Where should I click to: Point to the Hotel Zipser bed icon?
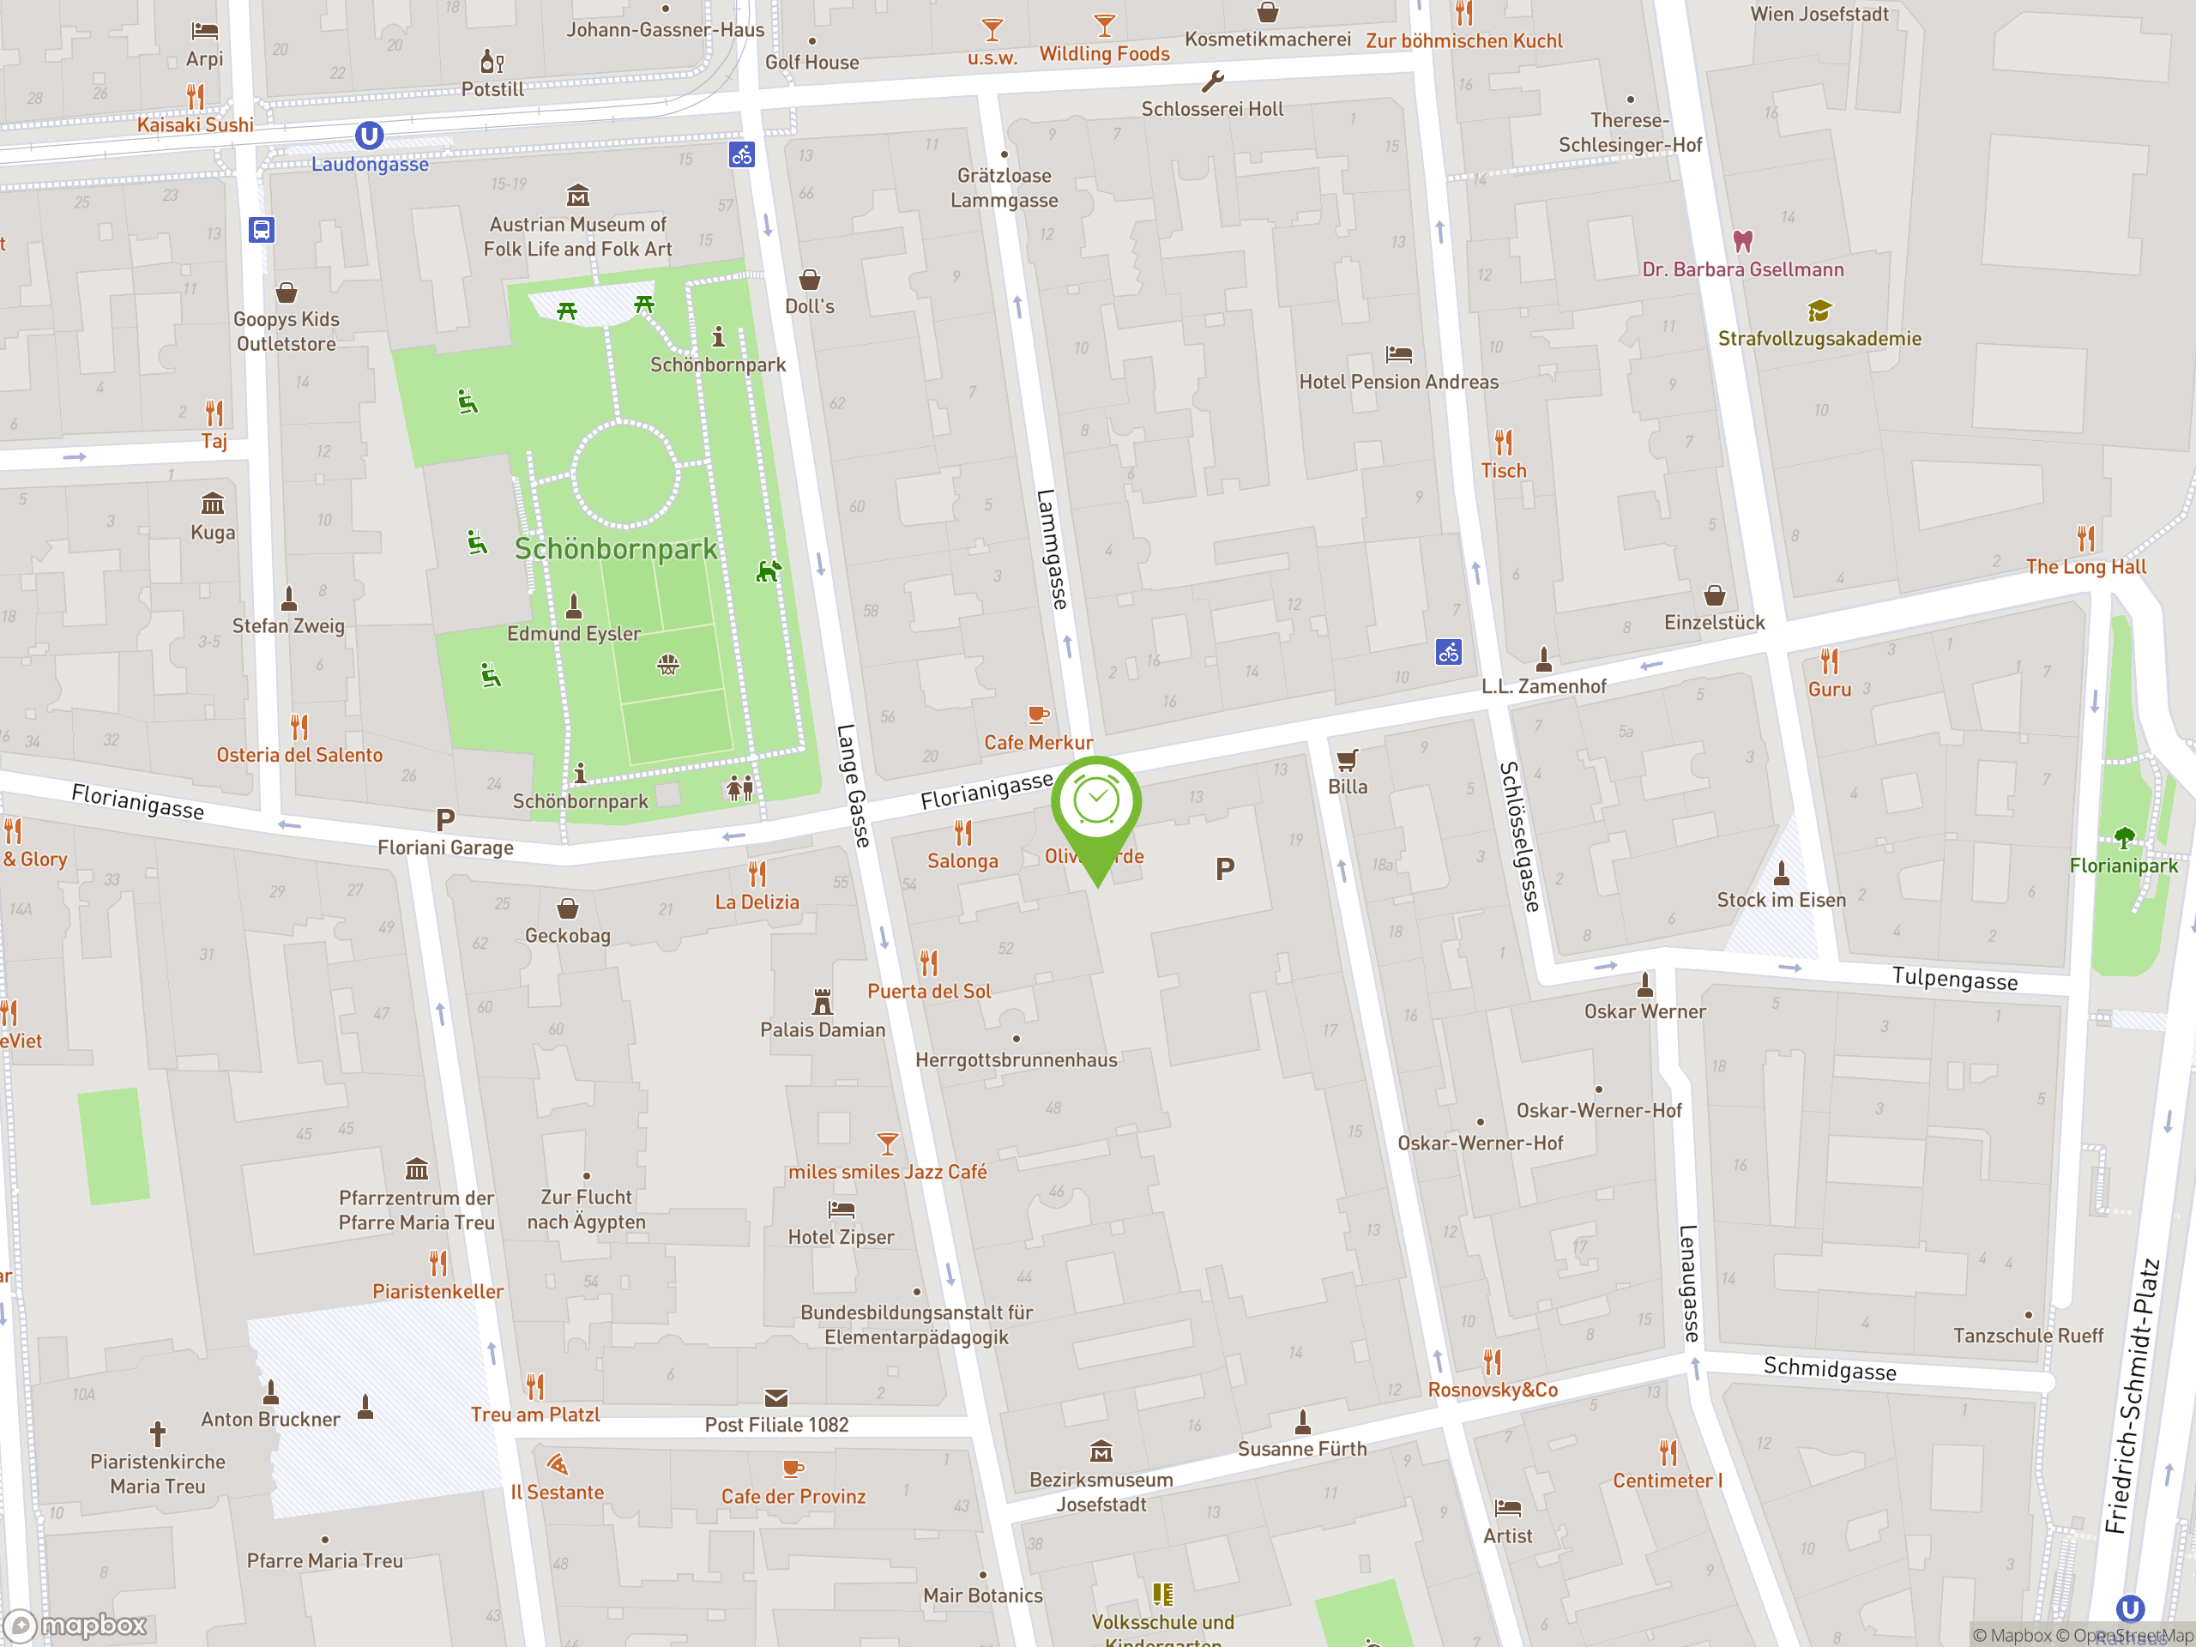click(841, 1210)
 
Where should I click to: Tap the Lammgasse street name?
click(1053, 549)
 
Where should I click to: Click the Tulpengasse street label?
click(1954, 979)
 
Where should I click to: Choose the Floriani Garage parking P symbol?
click(444, 820)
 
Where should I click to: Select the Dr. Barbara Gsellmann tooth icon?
click(1742, 241)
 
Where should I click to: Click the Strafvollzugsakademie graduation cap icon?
click(1819, 311)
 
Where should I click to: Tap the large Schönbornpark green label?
click(616, 549)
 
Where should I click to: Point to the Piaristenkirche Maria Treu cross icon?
click(157, 1433)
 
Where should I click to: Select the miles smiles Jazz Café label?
click(888, 1173)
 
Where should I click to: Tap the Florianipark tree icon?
click(2124, 838)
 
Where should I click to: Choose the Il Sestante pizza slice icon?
click(557, 1464)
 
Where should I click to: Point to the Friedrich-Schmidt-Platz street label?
click(2132, 1395)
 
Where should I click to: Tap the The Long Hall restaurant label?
click(2086, 567)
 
